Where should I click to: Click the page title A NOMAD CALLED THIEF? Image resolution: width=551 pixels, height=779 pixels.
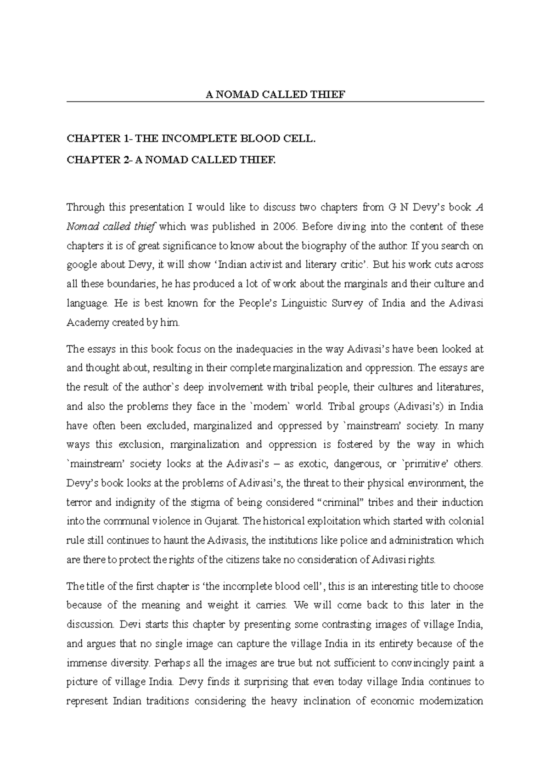(x=275, y=95)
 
